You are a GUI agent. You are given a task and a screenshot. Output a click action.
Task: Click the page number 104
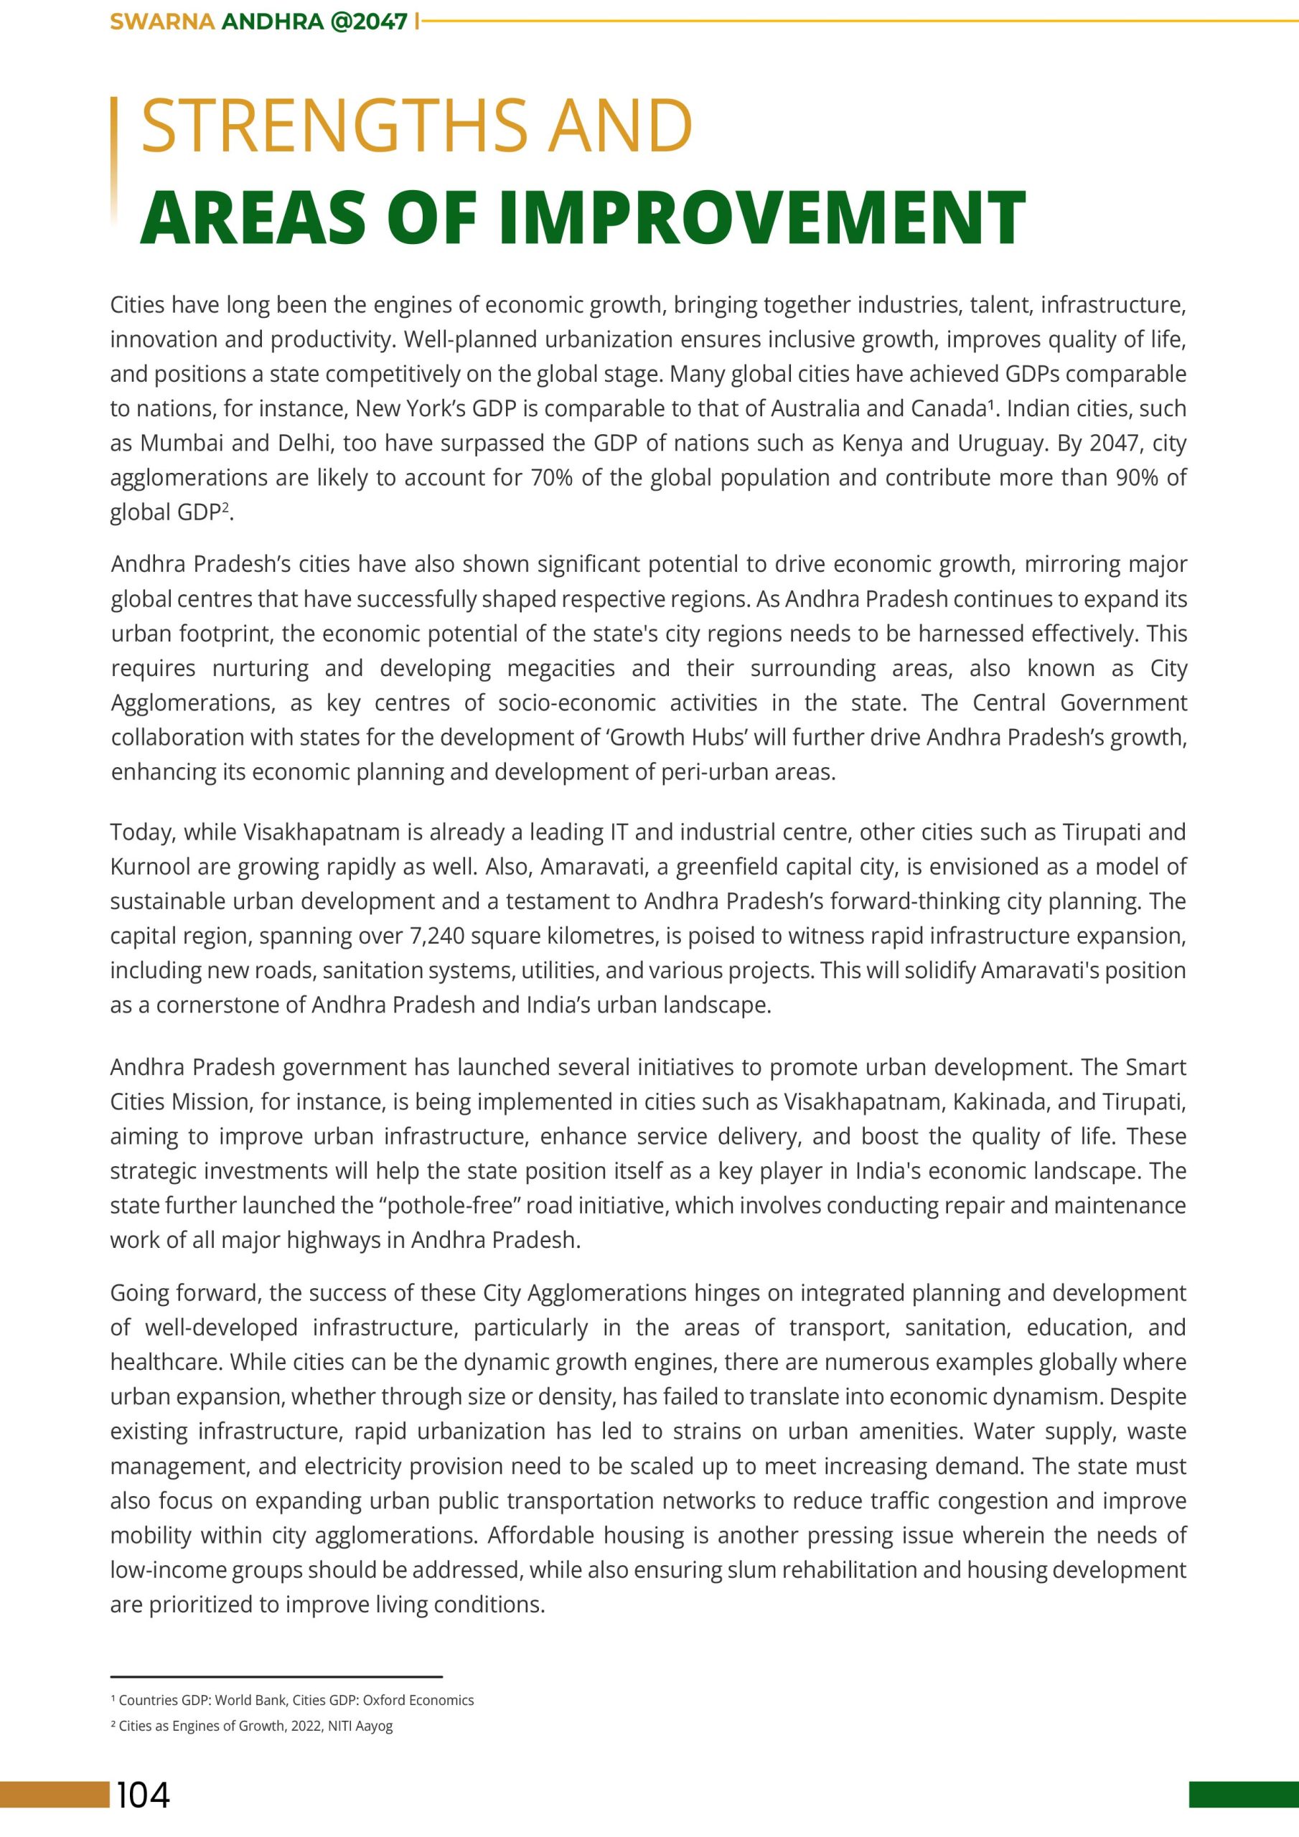coord(144,1795)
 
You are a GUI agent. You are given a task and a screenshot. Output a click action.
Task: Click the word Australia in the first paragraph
coord(815,409)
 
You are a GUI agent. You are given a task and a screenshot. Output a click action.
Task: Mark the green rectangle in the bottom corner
coord(1243,1795)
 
